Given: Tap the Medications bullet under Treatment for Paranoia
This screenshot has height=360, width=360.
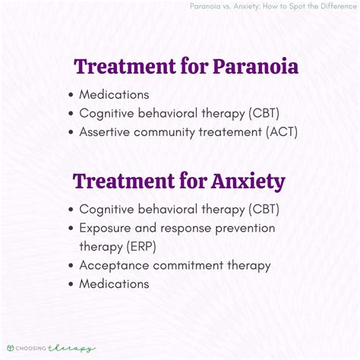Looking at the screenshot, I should (x=115, y=95).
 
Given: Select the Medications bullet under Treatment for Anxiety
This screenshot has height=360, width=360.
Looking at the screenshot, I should (x=115, y=283).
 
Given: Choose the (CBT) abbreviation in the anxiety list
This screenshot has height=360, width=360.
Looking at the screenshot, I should (x=254, y=209).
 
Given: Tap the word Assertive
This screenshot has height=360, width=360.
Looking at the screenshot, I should (x=105, y=131).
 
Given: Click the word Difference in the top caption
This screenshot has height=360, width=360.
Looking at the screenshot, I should (x=330, y=7).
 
